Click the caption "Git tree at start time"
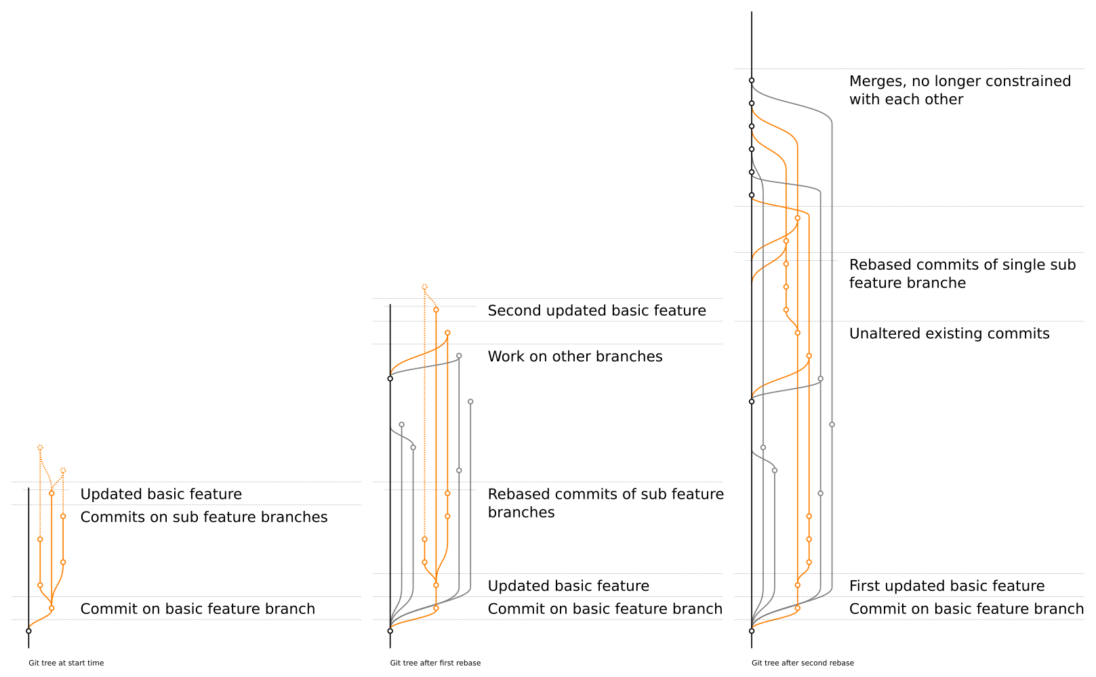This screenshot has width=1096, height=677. click(x=66, y=663)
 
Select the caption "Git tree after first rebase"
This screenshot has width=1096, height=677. click(x=435, y=663)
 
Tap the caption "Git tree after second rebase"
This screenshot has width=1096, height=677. click(x=803, y=663)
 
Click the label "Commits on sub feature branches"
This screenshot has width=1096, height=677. click(x=203, y=517)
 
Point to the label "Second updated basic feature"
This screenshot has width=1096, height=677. click(x=596, y=310)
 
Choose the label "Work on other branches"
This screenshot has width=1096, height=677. click(x=575, y=356)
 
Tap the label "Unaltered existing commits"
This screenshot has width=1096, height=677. click(x=949, y=333)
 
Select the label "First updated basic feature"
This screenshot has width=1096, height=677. click(x=946, y=586)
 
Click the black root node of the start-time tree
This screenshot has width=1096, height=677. click(x=28, y=631)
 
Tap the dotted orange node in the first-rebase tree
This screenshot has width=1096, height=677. click(x=424, y=287)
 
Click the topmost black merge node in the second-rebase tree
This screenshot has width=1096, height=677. click(x=752, y=81)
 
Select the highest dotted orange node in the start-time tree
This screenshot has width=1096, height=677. click(x=40, y=448)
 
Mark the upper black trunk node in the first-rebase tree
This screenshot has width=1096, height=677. click(x=390, y=379)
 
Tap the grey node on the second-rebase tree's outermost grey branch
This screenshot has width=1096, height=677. click(x=832, y=425)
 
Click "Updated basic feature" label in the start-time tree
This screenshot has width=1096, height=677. click(x=161, y=494)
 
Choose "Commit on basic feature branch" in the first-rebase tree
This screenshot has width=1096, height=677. click(x=605, y=609)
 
